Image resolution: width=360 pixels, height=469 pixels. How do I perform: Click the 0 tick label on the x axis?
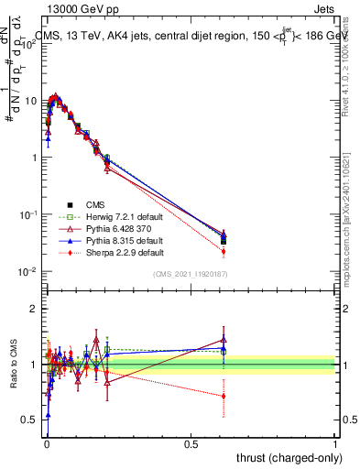click(x=47, y=444)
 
